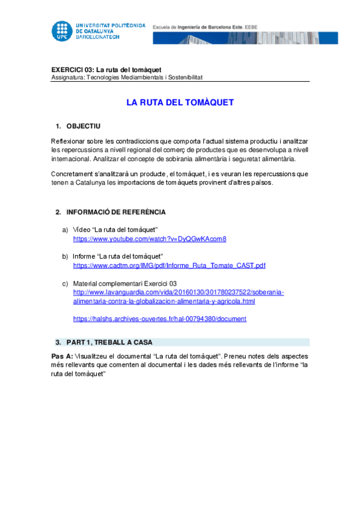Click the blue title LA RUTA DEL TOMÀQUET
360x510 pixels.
click(x=180, y=103)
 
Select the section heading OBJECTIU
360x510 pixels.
click(x=83, y=126)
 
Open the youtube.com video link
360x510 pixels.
click(x=149, y=239)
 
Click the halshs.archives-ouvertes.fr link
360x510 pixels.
click(x=159, y=319)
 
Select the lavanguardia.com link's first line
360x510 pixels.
click(x=178, y=292)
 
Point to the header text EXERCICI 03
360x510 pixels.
click(x=71, y=69)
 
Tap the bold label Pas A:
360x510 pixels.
click(x=62, y=356)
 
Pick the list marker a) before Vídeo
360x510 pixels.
click(x=65, y=230)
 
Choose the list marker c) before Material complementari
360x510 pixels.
click(x=65, y=283)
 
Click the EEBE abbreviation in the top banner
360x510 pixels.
click(x=267, y=27)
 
